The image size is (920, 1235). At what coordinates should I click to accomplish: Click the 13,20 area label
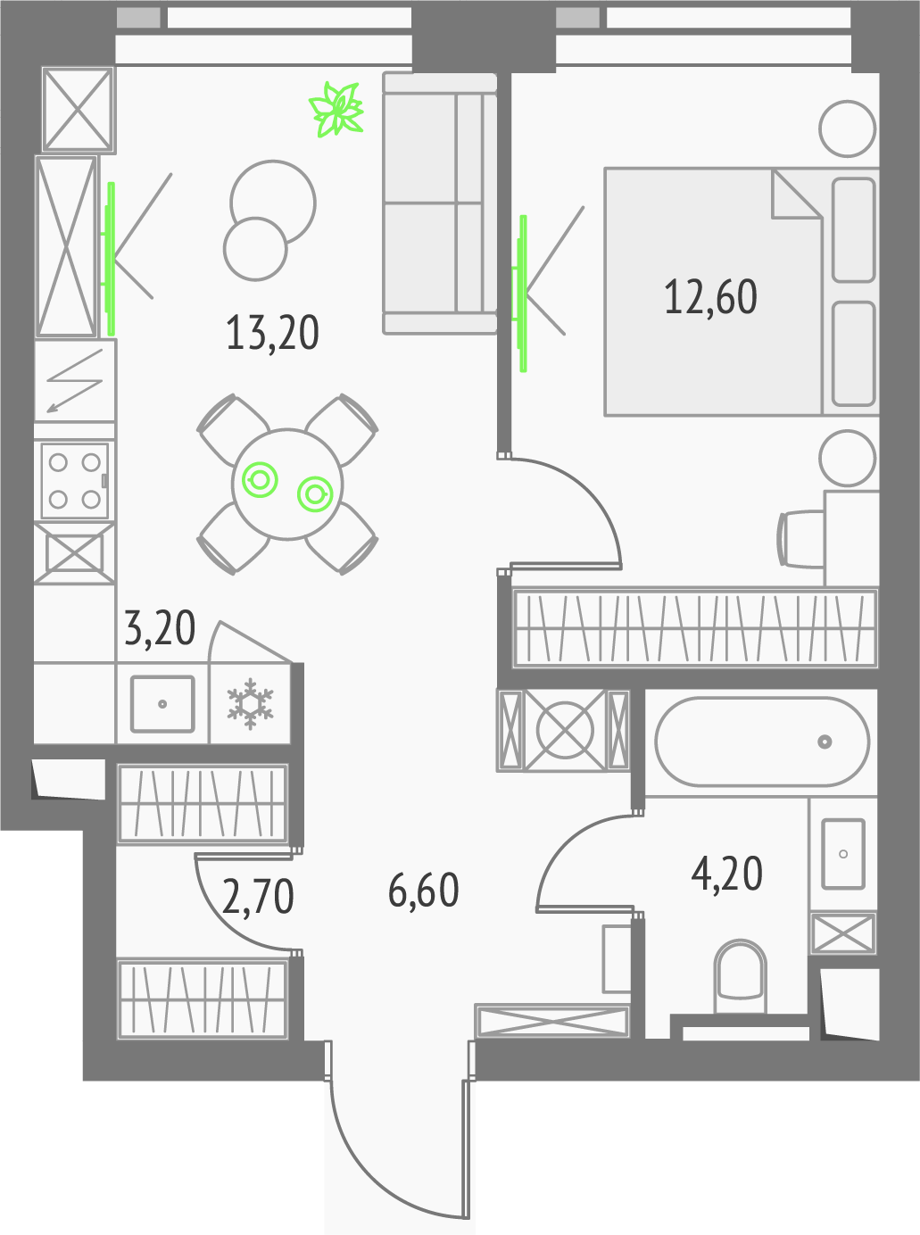coord(272,333)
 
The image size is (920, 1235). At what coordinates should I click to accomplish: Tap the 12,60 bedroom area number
coord(710,297)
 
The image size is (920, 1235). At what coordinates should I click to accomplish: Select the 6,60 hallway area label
coord(423,891)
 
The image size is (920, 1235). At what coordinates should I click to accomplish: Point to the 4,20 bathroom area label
coord(726,874)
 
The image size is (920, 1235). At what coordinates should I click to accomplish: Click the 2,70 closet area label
coord(257,896)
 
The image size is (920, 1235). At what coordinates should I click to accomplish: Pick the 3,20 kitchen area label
coord(160,627)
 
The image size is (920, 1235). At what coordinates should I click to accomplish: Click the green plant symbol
coord(336,109)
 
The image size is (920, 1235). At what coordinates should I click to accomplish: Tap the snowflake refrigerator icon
coord(250,704)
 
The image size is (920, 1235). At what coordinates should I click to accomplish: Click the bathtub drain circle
coord(825,742)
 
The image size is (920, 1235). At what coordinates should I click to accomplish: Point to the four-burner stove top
coord(75,480)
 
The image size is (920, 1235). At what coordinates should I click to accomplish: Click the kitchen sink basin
coord(162,704)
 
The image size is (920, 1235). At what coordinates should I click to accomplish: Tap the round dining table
coord(287,484)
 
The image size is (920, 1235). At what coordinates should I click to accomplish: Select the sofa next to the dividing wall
coord(439,203)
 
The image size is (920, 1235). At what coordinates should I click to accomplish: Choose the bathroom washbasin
coord(843,854)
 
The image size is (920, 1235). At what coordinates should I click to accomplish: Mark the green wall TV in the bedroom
coord(521,294)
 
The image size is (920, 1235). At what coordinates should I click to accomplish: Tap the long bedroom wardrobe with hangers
coord(694,627)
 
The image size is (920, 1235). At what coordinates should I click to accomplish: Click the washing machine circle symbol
coord(564,731)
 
